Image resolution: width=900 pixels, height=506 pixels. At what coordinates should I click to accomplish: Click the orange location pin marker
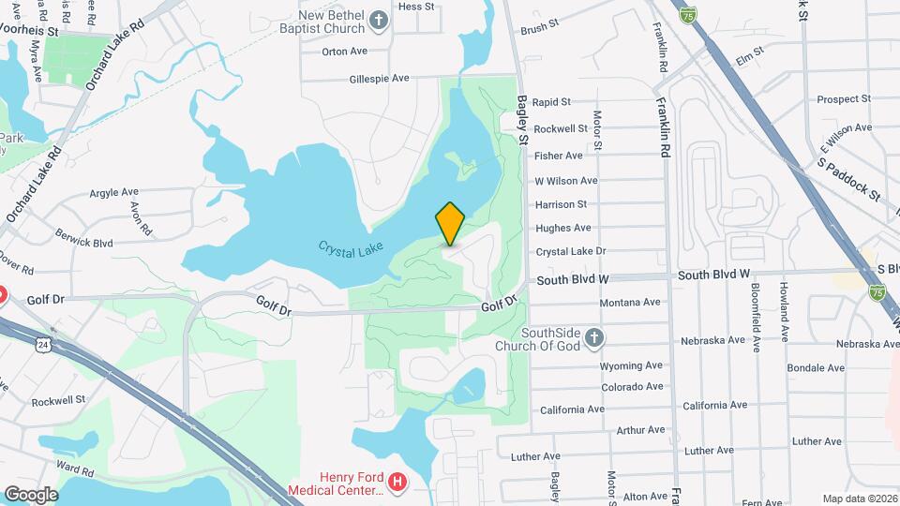[450, 223]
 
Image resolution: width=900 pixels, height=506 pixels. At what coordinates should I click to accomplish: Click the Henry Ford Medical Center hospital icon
[398, 483]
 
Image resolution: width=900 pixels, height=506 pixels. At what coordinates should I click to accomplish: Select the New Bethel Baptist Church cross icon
[379, 21]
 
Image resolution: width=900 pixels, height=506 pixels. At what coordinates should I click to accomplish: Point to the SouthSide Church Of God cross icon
[592, 336]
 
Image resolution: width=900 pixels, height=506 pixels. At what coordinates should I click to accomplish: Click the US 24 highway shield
[43, 345]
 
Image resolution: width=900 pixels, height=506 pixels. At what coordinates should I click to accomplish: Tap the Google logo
[31, 494]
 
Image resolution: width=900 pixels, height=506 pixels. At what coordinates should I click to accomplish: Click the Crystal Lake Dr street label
[571, 251]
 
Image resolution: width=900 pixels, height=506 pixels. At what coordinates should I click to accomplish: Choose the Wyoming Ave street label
[632, 365]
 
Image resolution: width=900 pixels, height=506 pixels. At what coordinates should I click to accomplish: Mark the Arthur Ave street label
[640, 430]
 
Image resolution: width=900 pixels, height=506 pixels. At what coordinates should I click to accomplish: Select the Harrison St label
[561, 204]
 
